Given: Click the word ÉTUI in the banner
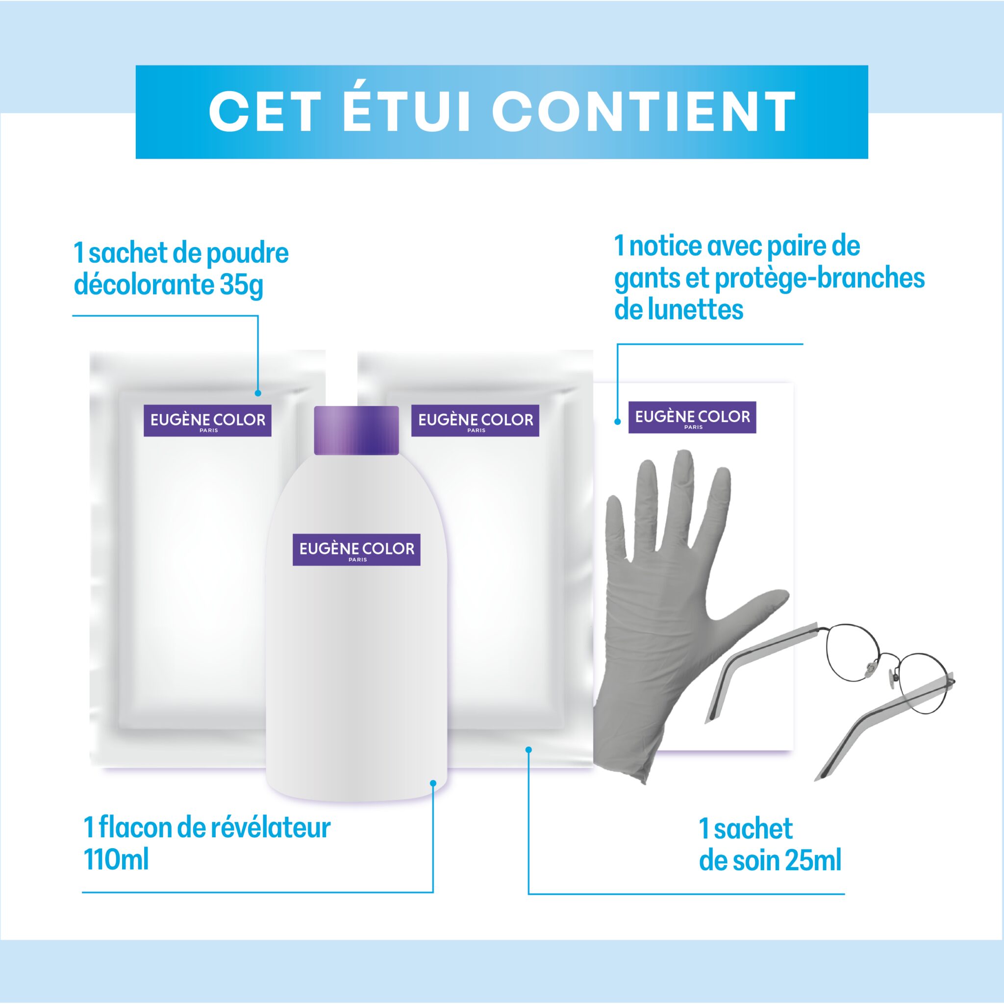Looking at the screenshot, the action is coord(406,111).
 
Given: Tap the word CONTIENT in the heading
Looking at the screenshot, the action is coord(644,112).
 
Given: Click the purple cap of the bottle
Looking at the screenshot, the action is coord(356,430).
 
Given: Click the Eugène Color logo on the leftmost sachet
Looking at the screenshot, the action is coord(207,421).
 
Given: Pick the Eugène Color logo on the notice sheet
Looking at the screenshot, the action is coord(692,417).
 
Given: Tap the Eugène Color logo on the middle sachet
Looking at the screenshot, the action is coord(475,421).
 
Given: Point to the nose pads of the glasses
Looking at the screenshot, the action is coord(882,671).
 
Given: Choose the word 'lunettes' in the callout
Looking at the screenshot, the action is coord(695,310).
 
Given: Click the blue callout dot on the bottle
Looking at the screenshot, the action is coord(433,783).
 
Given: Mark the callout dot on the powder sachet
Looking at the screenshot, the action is coord(258,393).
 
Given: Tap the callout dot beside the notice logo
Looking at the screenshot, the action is coord(617,422).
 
